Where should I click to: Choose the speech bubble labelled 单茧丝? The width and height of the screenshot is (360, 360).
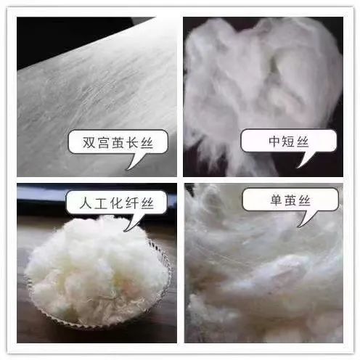click(280, 199)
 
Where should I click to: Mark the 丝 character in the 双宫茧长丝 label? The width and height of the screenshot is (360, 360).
click(153, 141)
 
